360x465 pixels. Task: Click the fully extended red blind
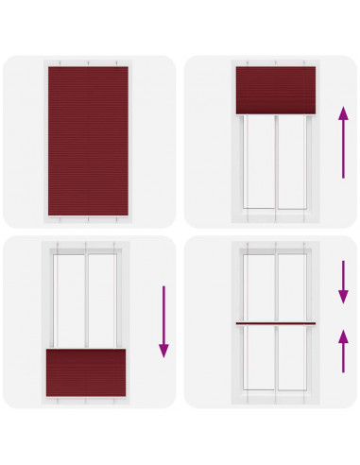point(86,140)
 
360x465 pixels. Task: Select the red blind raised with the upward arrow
point(275,90)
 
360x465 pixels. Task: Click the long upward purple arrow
point(342,142)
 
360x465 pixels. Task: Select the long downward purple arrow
point(163,321)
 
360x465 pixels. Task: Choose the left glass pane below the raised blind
point(258,163)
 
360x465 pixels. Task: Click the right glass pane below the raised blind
point(293,163)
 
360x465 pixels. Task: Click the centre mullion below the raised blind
point(275,163)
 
